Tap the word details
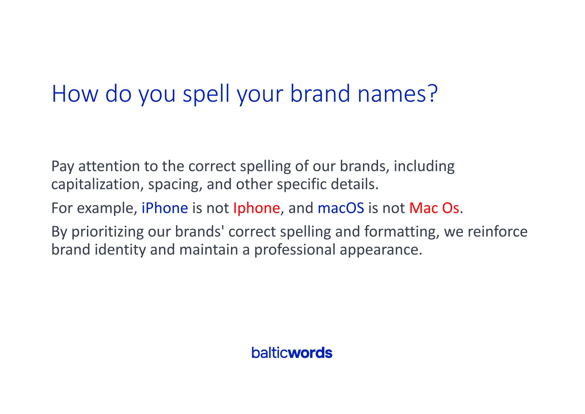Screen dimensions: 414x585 (x=354, y=184)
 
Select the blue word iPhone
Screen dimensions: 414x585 (x=165, y=208)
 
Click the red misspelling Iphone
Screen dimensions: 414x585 (x=257, y=208)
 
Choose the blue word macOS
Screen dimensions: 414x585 (x=341, y=208)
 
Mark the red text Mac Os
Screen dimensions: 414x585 (x=434, y=208)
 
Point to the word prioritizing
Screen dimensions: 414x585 (x=107, y=232)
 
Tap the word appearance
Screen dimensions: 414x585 (x=380, y=250)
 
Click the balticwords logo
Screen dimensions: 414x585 (x=292, y=353)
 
